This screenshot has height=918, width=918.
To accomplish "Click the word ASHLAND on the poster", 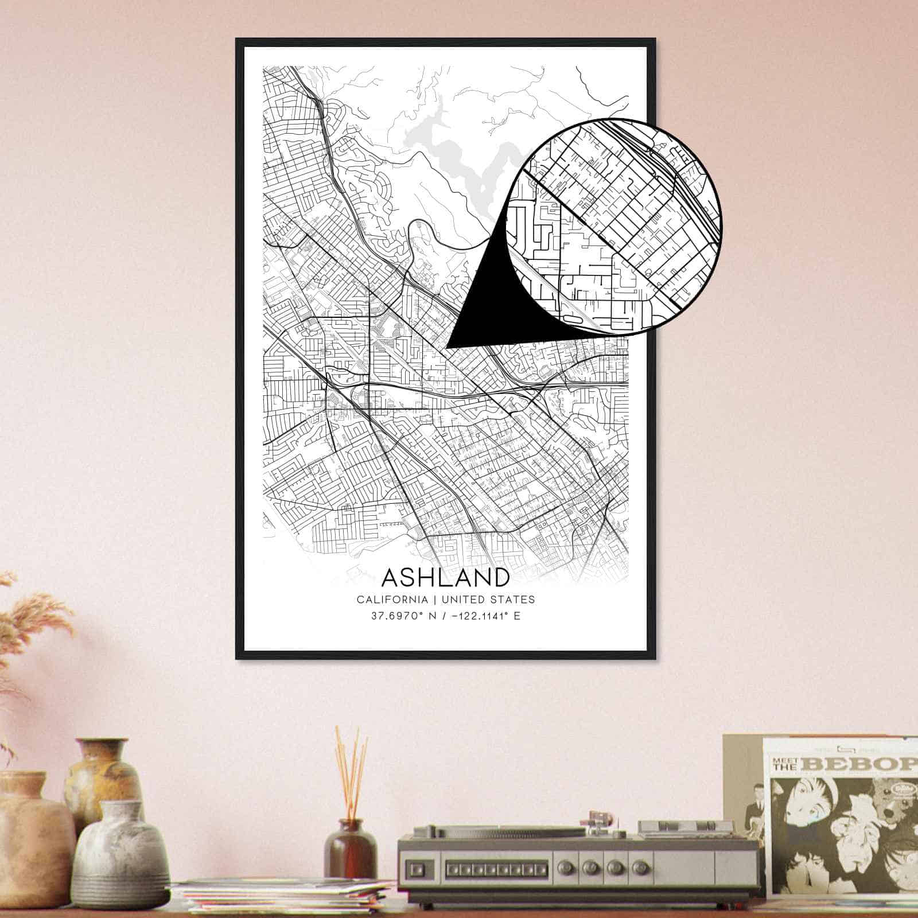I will pos(445,577).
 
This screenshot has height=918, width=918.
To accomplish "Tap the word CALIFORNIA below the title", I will pos(392,600).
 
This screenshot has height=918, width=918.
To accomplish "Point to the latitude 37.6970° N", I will pos(402,617).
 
